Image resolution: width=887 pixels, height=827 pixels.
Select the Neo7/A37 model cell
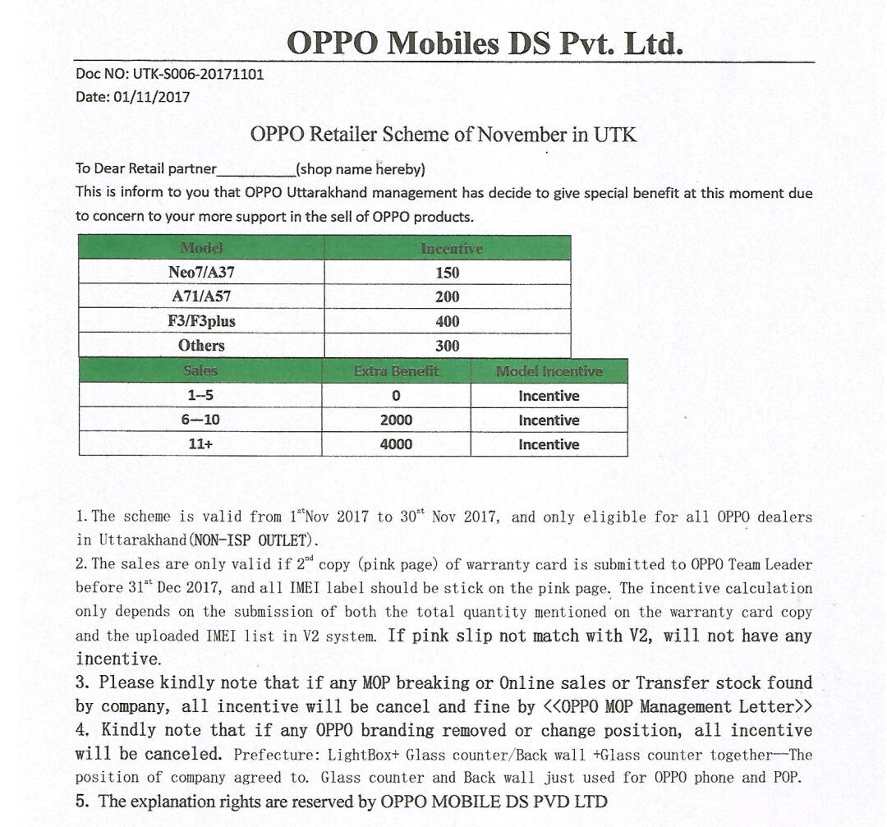click(x=201, y=273)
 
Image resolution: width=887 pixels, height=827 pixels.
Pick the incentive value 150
click(x=448, y=273)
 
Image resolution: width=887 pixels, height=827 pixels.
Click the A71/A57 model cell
click(x=201, y=296)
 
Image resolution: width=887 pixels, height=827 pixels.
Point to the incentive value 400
click(x=448, y=321)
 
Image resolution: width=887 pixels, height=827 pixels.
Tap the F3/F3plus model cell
click(x=201, y=321)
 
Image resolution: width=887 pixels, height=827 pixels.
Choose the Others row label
click(x=201, y=345)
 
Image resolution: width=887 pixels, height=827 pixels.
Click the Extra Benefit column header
click(x=396, y=371)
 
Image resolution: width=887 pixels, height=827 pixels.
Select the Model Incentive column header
click(x=549, y=371)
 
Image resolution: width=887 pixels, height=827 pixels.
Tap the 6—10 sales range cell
click(x=200, y=420)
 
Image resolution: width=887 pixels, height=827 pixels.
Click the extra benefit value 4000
click(x=396, y=444)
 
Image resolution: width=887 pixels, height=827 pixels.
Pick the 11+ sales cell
click(x=200, y=444)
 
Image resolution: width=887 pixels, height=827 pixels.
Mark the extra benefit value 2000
click(x=396, y=420)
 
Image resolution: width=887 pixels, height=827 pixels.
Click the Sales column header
click(x=200, y=371)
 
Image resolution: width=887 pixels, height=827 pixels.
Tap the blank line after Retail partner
click(x=255, y=170)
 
